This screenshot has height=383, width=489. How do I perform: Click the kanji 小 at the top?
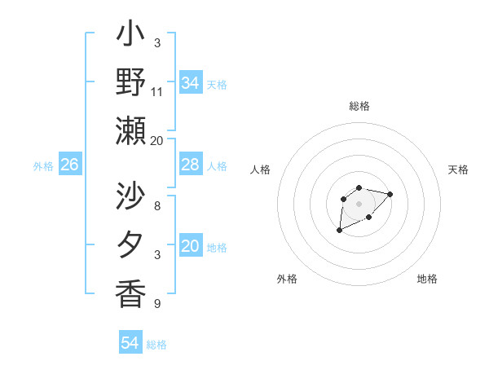[131, 36]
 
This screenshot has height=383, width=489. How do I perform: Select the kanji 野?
[131, 82]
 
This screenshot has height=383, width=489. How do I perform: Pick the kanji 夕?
[131, 245]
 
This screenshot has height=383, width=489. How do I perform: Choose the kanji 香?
[131, 292]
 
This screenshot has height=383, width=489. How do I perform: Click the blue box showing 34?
[190, 83]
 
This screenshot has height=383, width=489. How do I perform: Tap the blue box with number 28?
[190, 165]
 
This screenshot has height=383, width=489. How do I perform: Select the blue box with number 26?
[69, 165]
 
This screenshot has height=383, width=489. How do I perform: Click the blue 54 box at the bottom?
[130, 343]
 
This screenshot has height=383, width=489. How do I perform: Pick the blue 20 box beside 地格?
[190, 246]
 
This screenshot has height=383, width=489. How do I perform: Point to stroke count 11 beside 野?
[157, 90]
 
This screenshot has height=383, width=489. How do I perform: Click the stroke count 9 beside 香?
[156, 304]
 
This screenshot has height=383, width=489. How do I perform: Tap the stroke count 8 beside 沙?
[156, 205]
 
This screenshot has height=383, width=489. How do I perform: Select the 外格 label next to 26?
[43, 166]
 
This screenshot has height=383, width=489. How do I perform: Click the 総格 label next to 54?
[156, 345]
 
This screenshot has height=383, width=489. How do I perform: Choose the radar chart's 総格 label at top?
[359, 106]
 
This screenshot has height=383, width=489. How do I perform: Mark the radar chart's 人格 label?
[261, 169]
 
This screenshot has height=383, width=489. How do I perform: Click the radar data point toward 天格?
[390, 194]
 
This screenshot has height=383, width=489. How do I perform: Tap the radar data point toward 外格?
[339, 231]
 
